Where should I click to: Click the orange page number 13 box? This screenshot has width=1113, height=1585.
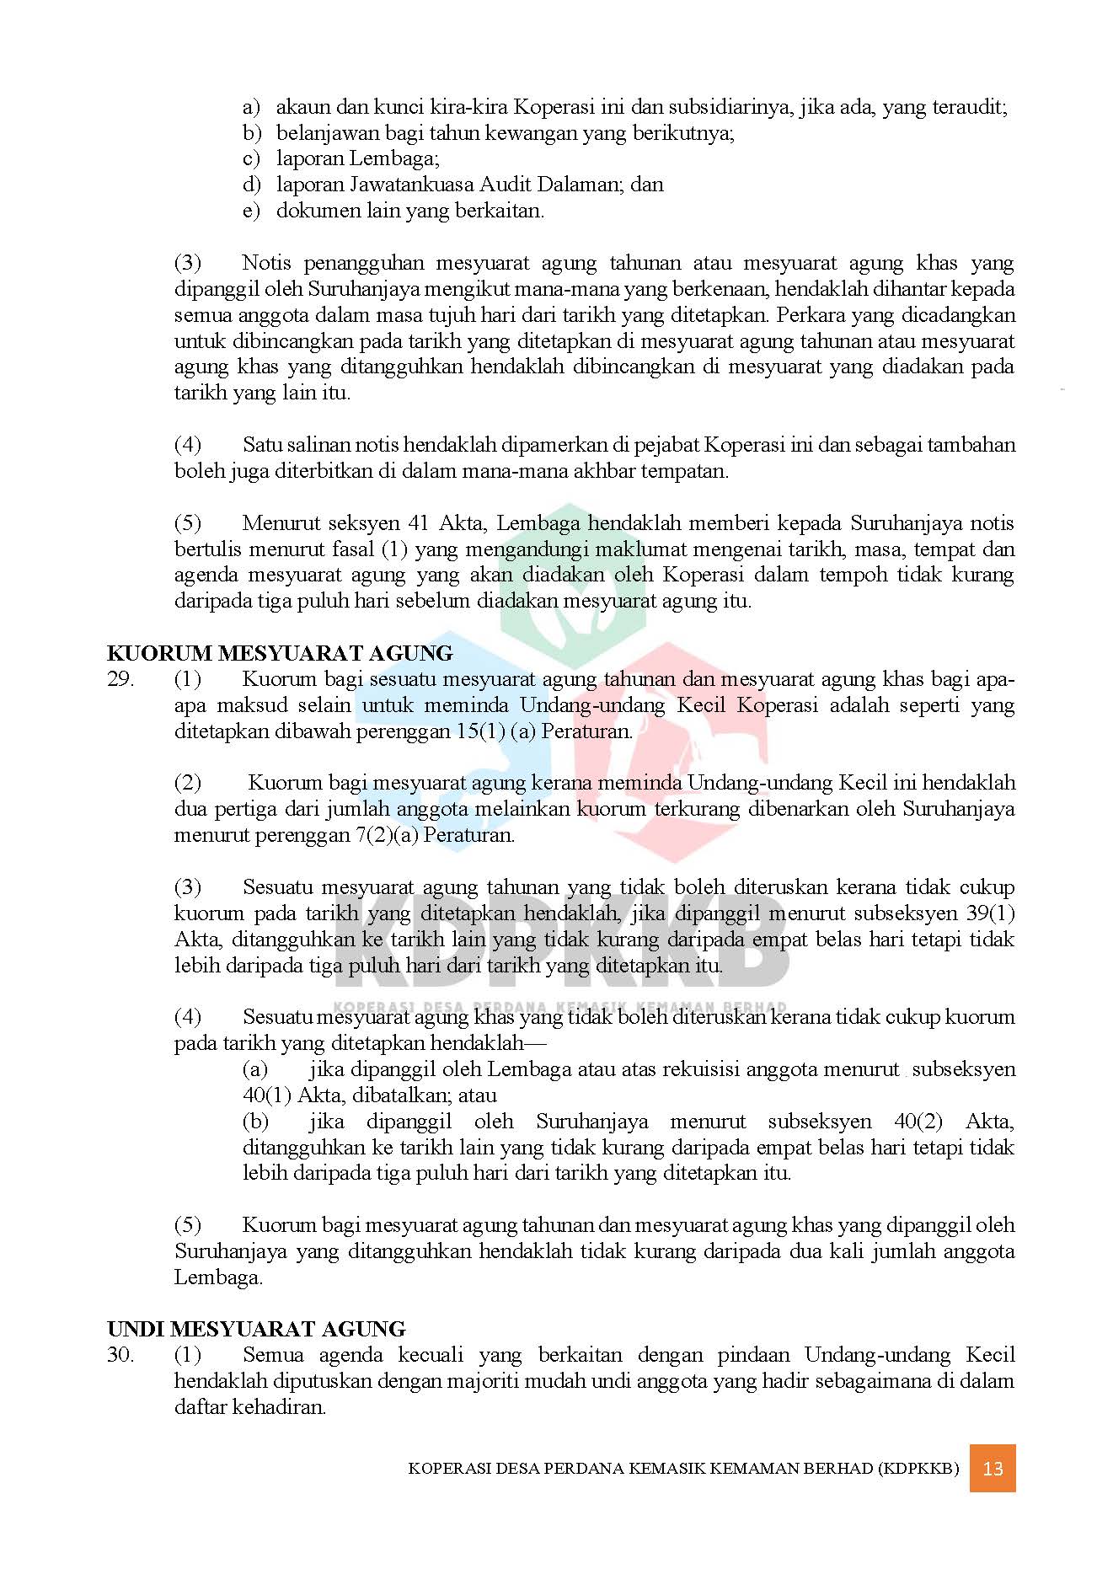pyautogui.click(x=992, y=1468)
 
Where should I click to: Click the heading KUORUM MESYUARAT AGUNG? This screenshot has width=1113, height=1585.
pyautogui.click(x=280, y=653)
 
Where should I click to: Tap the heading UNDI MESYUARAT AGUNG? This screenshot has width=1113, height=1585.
pyautogui.click(x=256, y=1329)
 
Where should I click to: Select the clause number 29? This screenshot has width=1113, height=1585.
pyautogui.click(x=120, y=679)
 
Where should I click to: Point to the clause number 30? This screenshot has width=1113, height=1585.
pyautogui.click(x=120, y=1355)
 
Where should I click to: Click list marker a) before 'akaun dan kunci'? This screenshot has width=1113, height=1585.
pyautogui.click(x=251, y=107)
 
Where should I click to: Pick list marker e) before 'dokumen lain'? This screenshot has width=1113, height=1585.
pyautogui.click(x=251, y=211)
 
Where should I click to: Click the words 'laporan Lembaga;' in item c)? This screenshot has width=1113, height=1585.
pyautogui.click(x=358, y=158)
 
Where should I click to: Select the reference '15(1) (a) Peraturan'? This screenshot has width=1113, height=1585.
pyautogui.click(x=544, y=731)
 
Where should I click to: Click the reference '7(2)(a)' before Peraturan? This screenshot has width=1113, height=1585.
pyautogui.click(x=387, y=835)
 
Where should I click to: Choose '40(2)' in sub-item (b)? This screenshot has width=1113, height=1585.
pyautogui.click(x=920, y=1122)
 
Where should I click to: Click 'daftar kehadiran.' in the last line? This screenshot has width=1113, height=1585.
pyautogui.click(x=249, y=1407)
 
